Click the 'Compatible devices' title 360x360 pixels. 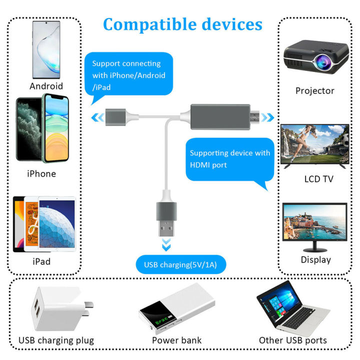pyautogui.click(x=182, y=24)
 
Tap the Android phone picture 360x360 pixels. pyautogui.click(x=46, y=50)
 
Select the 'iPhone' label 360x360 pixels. pyautogui.click(x=41, y=174)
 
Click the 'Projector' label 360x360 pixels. pyautogui.click(x=314, y=91)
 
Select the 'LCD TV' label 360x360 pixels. pyautogui.click(x=318, y=179)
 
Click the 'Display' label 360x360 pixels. pyautogui.click(x=315, y=260)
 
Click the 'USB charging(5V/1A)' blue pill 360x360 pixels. pyautogui.click(x=180, y=264)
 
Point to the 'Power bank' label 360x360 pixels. pyautogui.click(x=176, y=340)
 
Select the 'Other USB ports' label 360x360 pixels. pyautogui.click(x=292, y=340)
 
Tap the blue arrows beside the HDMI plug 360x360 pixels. pyautogui.click(x=270, y=118)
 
